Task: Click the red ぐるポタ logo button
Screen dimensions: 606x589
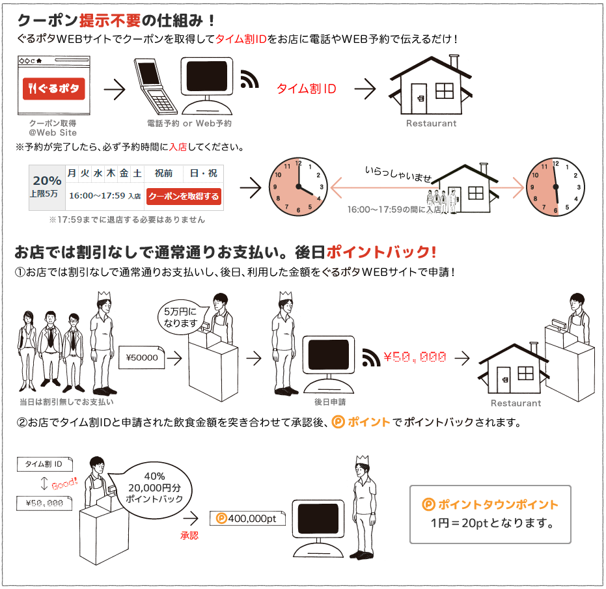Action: (54, 89)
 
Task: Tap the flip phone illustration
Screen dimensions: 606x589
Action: (155, 86)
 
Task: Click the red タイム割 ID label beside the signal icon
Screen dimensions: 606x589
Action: (307, 89)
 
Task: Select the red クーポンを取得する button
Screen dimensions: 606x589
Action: (184, 197)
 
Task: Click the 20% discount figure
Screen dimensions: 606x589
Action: (47, 180)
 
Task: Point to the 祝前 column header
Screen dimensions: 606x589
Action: (163, 173)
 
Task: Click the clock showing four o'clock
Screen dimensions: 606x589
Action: (298, 187)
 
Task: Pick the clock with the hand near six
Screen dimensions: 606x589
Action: (555, 187)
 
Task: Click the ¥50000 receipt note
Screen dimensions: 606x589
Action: (142, 357)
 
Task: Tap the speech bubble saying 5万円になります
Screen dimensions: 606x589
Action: (181, 318)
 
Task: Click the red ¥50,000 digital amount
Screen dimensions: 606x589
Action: (415, 357)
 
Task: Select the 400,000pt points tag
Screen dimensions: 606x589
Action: (247, 518)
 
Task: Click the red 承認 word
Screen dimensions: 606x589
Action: (189, 535)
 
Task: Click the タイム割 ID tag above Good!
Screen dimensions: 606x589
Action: (44, 464)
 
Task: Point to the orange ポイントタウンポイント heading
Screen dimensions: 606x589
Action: (490, 504)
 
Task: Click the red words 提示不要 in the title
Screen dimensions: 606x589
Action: (110, 20)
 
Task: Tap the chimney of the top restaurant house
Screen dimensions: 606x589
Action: (454, 62)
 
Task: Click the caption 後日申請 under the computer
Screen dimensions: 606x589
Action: (330, 402)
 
